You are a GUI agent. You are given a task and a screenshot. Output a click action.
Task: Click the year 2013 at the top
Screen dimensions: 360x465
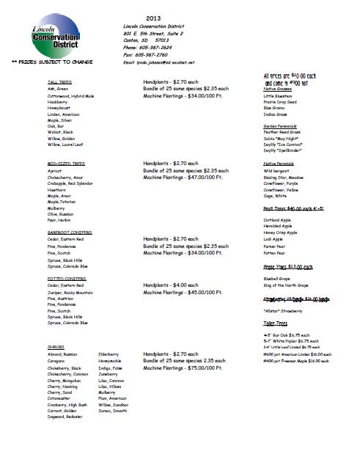153,16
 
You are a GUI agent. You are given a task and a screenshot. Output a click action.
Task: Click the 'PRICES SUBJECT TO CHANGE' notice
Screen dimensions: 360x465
41,65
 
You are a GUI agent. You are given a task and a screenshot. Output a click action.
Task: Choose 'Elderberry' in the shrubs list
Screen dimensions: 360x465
111,354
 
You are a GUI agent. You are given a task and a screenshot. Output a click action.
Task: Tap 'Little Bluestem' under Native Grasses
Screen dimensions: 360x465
279,96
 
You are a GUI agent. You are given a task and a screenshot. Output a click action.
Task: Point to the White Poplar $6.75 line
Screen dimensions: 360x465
294,340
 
